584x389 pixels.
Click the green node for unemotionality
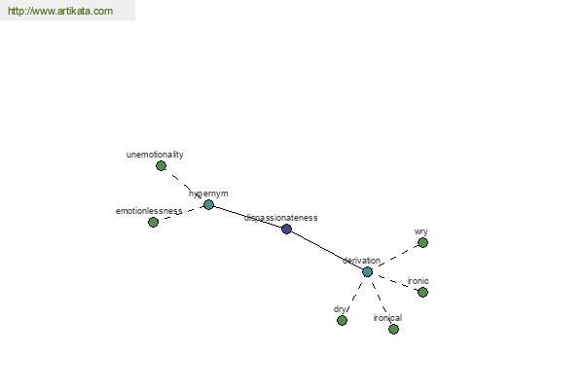tap(161, 166)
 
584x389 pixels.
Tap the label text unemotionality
tap(155, 155)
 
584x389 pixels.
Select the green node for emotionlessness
tap(153, 223)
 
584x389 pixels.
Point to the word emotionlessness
tap(149, 211)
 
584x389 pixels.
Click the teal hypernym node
tap(208, 205)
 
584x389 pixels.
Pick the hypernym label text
tap(208, 194)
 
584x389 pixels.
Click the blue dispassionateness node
tap(286, 229)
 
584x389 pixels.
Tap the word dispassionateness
tap(281, 218)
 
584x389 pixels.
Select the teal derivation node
tap(367, 272)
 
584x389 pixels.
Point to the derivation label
tap(361, 261)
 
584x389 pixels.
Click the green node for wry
tap(422, 243)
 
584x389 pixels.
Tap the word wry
tap(420, 231)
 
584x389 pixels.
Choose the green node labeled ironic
tap(422, 292)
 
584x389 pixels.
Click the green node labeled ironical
tap(393, 329)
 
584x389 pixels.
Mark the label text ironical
tap(387, 318)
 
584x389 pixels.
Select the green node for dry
tap(342, 320)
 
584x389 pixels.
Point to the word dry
tap(340, 309)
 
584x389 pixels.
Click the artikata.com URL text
tap(60, 11)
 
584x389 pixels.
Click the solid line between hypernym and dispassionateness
tap(247, 217)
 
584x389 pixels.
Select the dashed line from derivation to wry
tap(395, 257)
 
